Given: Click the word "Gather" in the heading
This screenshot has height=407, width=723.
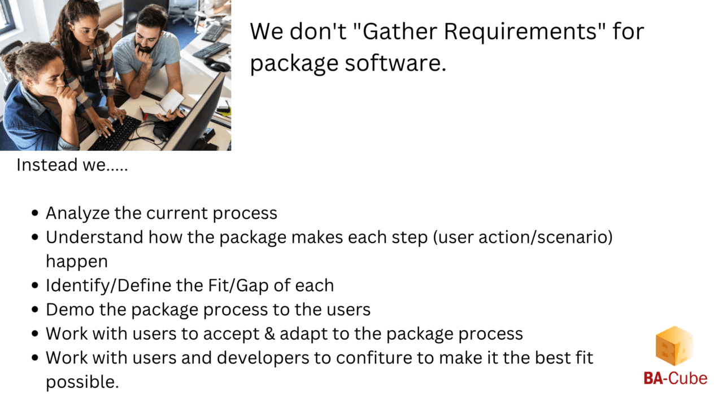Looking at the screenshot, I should pyautogui.click(x=397, y=32).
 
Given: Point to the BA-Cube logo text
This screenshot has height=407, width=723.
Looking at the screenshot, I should pyautogui.click(x=675, y=378).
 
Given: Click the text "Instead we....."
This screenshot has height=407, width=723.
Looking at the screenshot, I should pyautogui.click(x=72, y=165).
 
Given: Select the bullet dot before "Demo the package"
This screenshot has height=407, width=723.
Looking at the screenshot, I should pyautogui.click(x=35, y=310).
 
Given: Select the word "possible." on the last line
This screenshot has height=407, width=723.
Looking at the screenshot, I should pyautogui.click(x=82, y=382).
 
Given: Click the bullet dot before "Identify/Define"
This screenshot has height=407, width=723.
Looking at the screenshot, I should pyautogui.click(x=35, y=286).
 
